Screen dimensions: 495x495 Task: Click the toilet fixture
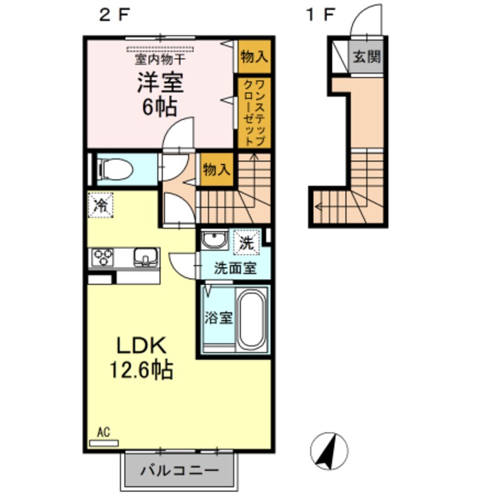[116, 169]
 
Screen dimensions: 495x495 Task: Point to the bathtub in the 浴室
[252, 318]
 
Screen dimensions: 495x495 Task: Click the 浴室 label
[219, 319]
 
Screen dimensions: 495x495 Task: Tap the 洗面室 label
[234, 269]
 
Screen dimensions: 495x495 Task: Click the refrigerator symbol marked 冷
[101, 205]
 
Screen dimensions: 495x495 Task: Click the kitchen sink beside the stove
[146, 257]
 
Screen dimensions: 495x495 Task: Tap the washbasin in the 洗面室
[214, 240]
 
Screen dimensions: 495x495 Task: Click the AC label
[103, 433]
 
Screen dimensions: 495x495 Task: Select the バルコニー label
[180, 470]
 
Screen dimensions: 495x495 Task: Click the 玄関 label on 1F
[367, 57]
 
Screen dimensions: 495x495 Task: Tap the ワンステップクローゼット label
[255, 112]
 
